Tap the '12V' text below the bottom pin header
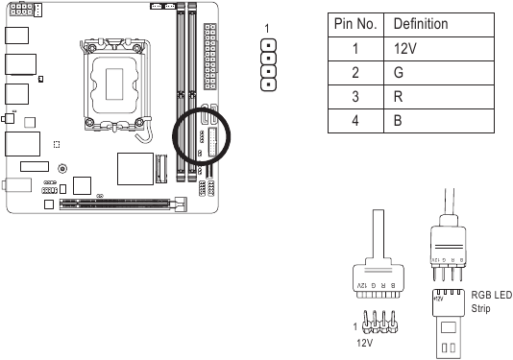(364, 340)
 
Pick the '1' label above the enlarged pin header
(268, 28)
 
